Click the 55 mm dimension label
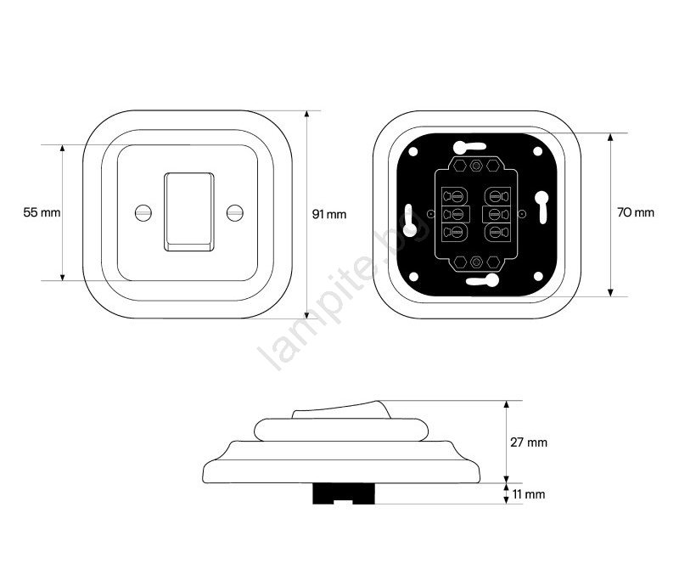pyautogui.click(x=42, y=212)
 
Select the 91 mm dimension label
pyautogui.click(x=329, y=214)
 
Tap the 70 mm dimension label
pyautogui.click(x=635, y=212)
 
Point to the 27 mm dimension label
pyautogui.click(x=529, y=442)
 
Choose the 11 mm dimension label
pyautogui.click(x=529, y=494)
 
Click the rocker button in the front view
pyautogui.click(x=188, y=212)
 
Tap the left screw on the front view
pyautogui.click(x=143, y=212)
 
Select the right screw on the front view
pyautogui.click(x=235, y=212)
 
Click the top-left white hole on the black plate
pyautogui.click(x=413, y=152)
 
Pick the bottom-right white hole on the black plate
pyautogui.click(x=538, y=276)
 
